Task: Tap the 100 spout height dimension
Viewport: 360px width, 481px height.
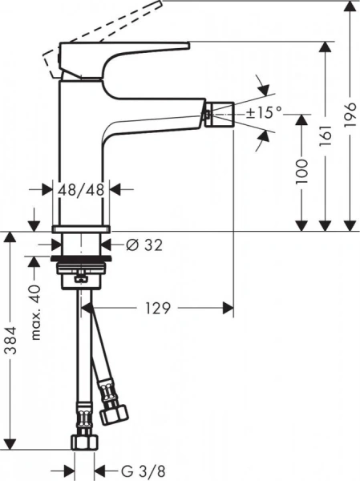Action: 301,173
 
